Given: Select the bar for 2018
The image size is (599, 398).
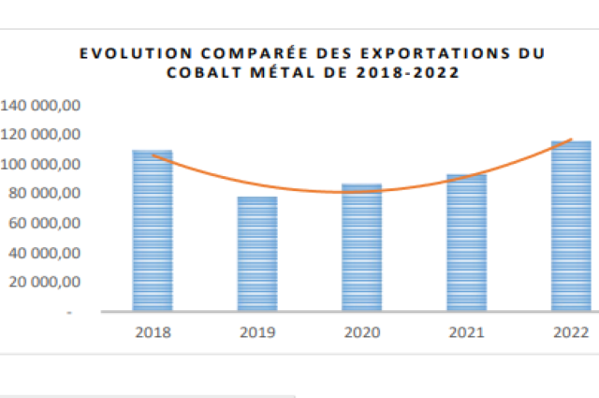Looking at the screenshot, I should (x=152, y=230).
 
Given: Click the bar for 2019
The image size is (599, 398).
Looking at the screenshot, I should (x=256, y=254).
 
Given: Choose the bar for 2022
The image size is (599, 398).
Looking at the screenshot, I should (x=570, y=226).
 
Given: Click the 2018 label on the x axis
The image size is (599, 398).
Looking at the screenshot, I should (x=152, y=332).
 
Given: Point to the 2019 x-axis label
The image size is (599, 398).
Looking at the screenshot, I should (x=256, y=332).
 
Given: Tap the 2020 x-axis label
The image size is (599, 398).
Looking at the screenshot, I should (x=361, y=332).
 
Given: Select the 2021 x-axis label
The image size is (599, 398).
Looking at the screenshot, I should (x=466, y=332).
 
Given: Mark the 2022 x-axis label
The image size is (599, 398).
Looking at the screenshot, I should (x=570, y=332).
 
